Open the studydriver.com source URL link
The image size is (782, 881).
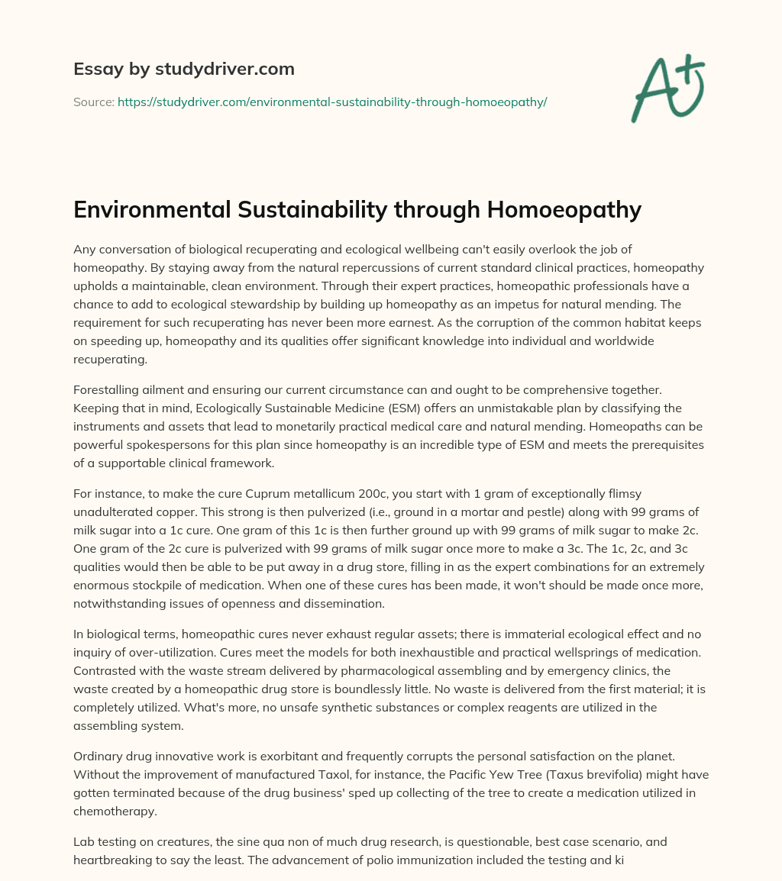[x=332, y=102]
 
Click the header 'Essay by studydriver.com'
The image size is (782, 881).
[x=184, y=69]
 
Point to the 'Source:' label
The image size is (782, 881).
[x=94, y=102]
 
